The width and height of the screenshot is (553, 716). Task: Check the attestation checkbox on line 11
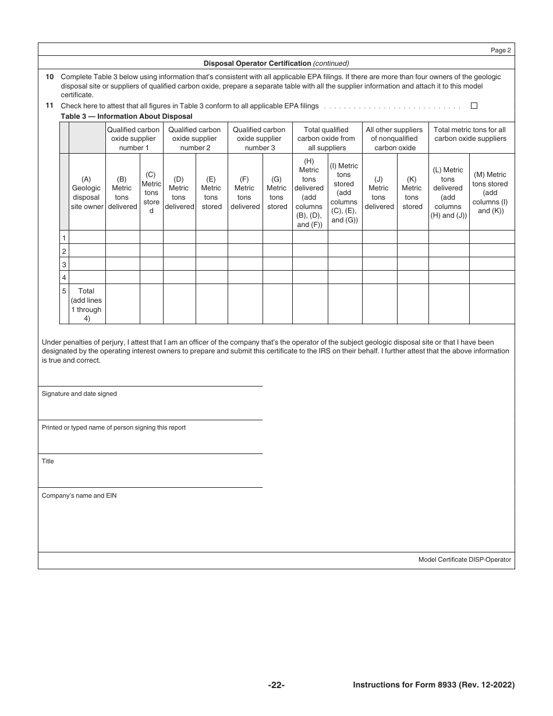coord(474,106)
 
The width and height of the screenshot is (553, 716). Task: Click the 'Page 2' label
coord(501,50)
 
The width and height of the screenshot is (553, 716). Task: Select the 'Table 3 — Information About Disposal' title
coord(126,116)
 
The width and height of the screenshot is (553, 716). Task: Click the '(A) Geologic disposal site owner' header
coord(87,193)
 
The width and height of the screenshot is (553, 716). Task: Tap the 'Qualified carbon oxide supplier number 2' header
coord(195,139)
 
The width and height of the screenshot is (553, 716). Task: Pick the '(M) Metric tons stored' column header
coord(491,192)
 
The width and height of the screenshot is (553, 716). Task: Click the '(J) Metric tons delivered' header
coord(379,193)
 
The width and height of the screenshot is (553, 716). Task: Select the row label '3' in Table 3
coord(64,264)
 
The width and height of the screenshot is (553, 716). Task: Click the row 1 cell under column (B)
coord(122,238)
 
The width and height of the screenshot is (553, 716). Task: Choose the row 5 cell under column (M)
coord(491,304)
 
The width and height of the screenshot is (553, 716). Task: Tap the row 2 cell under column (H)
coord(310,251)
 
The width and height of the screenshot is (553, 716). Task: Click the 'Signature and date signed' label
coord(79,394)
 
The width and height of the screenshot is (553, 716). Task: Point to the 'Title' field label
coord(48,461)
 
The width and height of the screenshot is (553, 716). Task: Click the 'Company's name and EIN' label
coord(79,495)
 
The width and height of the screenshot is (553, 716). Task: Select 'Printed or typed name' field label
coord(114,427)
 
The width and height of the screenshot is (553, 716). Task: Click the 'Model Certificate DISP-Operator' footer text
coord(465,559)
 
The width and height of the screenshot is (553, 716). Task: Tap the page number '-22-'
coord(276,685)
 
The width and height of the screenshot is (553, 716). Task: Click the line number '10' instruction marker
coord(49,76)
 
